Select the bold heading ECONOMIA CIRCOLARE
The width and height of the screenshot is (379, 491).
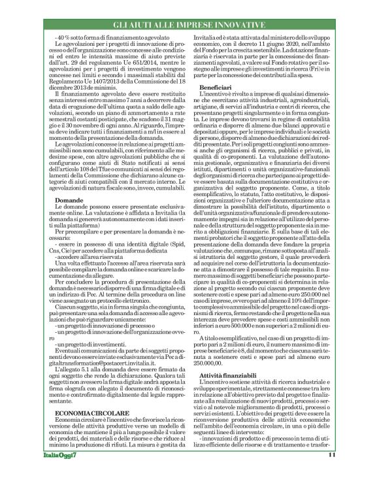[x=82, y=378]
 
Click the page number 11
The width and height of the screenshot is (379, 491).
[x=331, y=474]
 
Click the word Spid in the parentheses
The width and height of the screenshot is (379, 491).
[x=164, y=245]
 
